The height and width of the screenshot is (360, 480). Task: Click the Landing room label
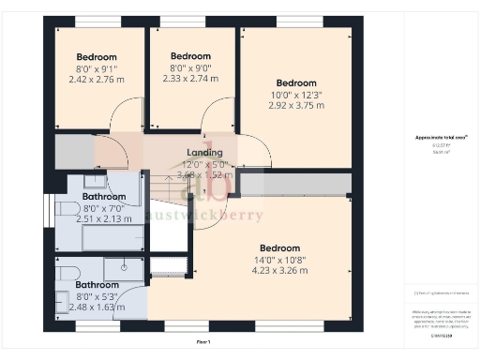[203, 153]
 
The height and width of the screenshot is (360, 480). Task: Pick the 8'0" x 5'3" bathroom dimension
[97, 295]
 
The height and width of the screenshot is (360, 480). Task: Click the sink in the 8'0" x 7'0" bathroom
[95, 180]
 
